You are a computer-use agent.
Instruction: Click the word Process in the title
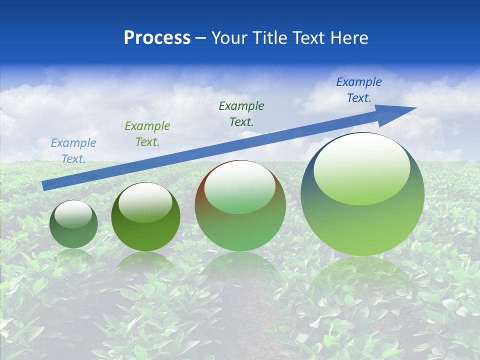(157, 38)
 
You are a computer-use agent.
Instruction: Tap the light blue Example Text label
(73, 151)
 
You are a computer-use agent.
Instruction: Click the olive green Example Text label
(147, 134)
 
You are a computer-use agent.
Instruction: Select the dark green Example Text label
(241, 113)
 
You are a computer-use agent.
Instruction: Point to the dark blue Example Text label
(359, 90)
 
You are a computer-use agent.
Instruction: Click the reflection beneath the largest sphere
(362, 280)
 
